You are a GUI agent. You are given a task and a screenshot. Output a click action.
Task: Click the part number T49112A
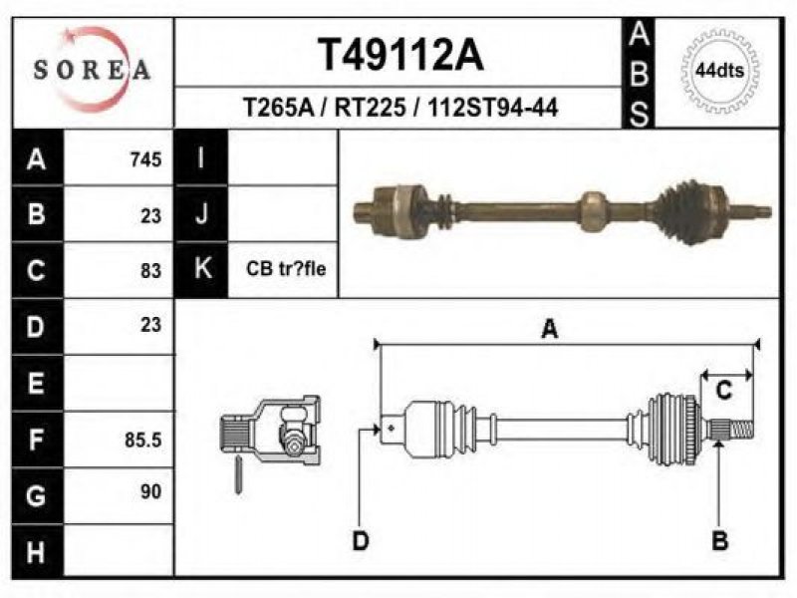pyautogui.click(x=400, y=55)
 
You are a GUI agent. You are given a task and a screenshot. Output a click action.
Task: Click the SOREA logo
pyautogui.click(x=92, y=70)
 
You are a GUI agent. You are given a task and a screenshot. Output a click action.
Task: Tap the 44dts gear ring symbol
pyautogui.click(x=719, y=71)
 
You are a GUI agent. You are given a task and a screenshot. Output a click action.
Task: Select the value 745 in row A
pyautogui.click(x=145, y=159)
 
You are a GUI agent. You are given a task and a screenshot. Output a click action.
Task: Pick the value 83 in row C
pyautogui.click(x=150, y=270)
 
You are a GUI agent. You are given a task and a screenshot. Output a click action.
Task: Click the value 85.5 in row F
pyautogui.click(x=143, y=440)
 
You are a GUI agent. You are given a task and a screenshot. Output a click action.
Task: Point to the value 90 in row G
pyautogui.click(x=150, y=491)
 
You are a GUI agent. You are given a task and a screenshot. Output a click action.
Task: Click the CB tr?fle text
pyautogui.click(x=286, y=268)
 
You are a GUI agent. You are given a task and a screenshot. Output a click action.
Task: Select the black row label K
pyautogui.click(x=202, y=269)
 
